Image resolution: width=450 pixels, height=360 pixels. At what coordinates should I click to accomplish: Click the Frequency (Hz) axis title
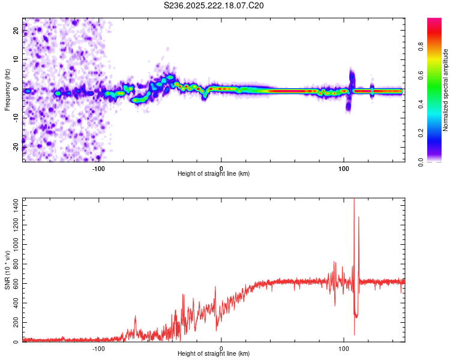[7, 90]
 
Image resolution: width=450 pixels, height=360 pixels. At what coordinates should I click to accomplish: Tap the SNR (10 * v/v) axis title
[7, 271]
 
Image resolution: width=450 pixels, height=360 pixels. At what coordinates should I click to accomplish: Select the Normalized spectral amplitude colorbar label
[445, 90]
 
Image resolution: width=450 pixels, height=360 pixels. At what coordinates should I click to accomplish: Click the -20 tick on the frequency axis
[16, 147]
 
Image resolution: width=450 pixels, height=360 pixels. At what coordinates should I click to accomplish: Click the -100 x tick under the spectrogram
[98, 167]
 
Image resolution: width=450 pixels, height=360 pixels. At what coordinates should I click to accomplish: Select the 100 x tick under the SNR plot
[344, 348]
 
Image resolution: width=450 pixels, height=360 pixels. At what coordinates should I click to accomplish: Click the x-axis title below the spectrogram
[214, 174]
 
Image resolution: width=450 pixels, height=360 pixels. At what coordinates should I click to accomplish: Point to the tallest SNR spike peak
[354, 200]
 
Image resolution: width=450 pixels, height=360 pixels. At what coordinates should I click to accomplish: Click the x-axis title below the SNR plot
[214, 355]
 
